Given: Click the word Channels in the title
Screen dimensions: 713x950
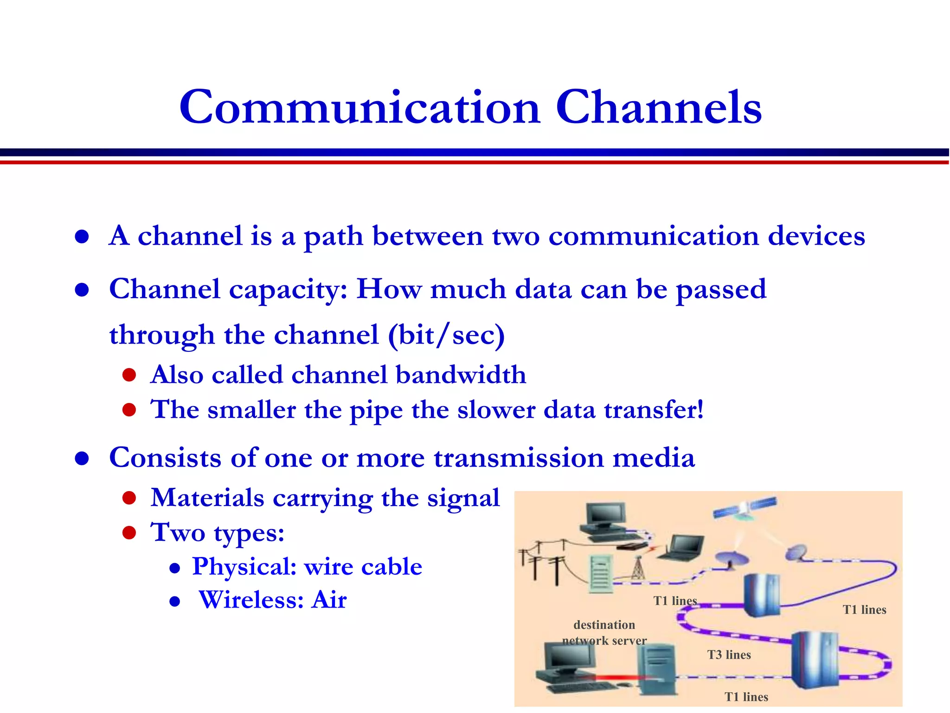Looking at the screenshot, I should [x=659, y=108].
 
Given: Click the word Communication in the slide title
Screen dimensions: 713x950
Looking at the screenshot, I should [x=360, y=108].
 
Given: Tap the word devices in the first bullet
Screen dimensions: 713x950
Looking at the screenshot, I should [x=816, y=236].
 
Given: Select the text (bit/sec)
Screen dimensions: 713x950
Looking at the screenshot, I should [x=446, y=335].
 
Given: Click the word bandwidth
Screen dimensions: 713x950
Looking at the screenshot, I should [x=461, y=375].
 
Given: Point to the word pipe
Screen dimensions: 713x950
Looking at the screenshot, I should [x=376, y=410].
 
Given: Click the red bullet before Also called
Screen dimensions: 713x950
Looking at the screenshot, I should [x=129, y=375].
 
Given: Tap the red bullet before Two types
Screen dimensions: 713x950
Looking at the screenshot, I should [x=129, y=532].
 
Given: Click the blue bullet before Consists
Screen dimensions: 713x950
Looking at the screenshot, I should [x=82, y=459].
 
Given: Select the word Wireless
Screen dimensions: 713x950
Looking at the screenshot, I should [x=251, y=600].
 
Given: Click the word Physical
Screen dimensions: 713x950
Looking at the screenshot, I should [x=244, y=566].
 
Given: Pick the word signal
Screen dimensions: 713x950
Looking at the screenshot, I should [x=463, y=498].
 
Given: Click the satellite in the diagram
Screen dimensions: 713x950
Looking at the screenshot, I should [x=745, y=509].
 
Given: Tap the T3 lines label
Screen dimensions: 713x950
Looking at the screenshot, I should [x=729, y=655].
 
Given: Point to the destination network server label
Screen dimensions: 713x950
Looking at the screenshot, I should [x=604, y=633].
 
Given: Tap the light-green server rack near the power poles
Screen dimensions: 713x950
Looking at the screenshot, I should [x=602, y=574].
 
